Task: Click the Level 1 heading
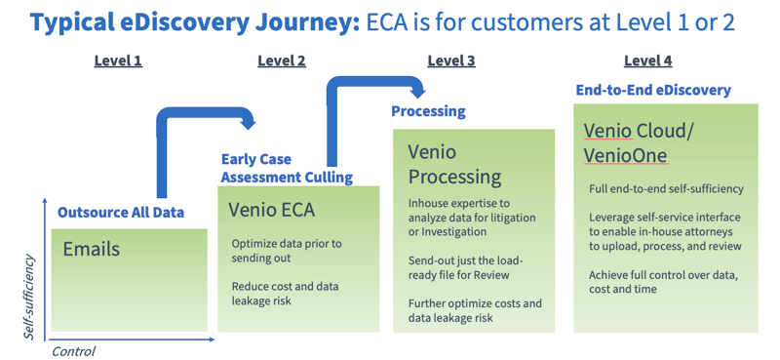point(118,60)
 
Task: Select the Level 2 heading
point(281,60)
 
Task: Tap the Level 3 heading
point(451,60)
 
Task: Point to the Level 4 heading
point(647,60)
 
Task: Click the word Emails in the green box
point(92,249)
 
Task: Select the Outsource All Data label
point(121,212)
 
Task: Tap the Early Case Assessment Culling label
point(287,168)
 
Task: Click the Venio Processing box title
point(454,165)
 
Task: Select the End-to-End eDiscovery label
point(652,90)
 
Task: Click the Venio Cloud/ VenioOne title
point(635,142)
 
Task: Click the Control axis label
point(74,350)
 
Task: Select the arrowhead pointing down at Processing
point(415,93)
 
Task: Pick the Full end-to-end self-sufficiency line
point(666,188)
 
